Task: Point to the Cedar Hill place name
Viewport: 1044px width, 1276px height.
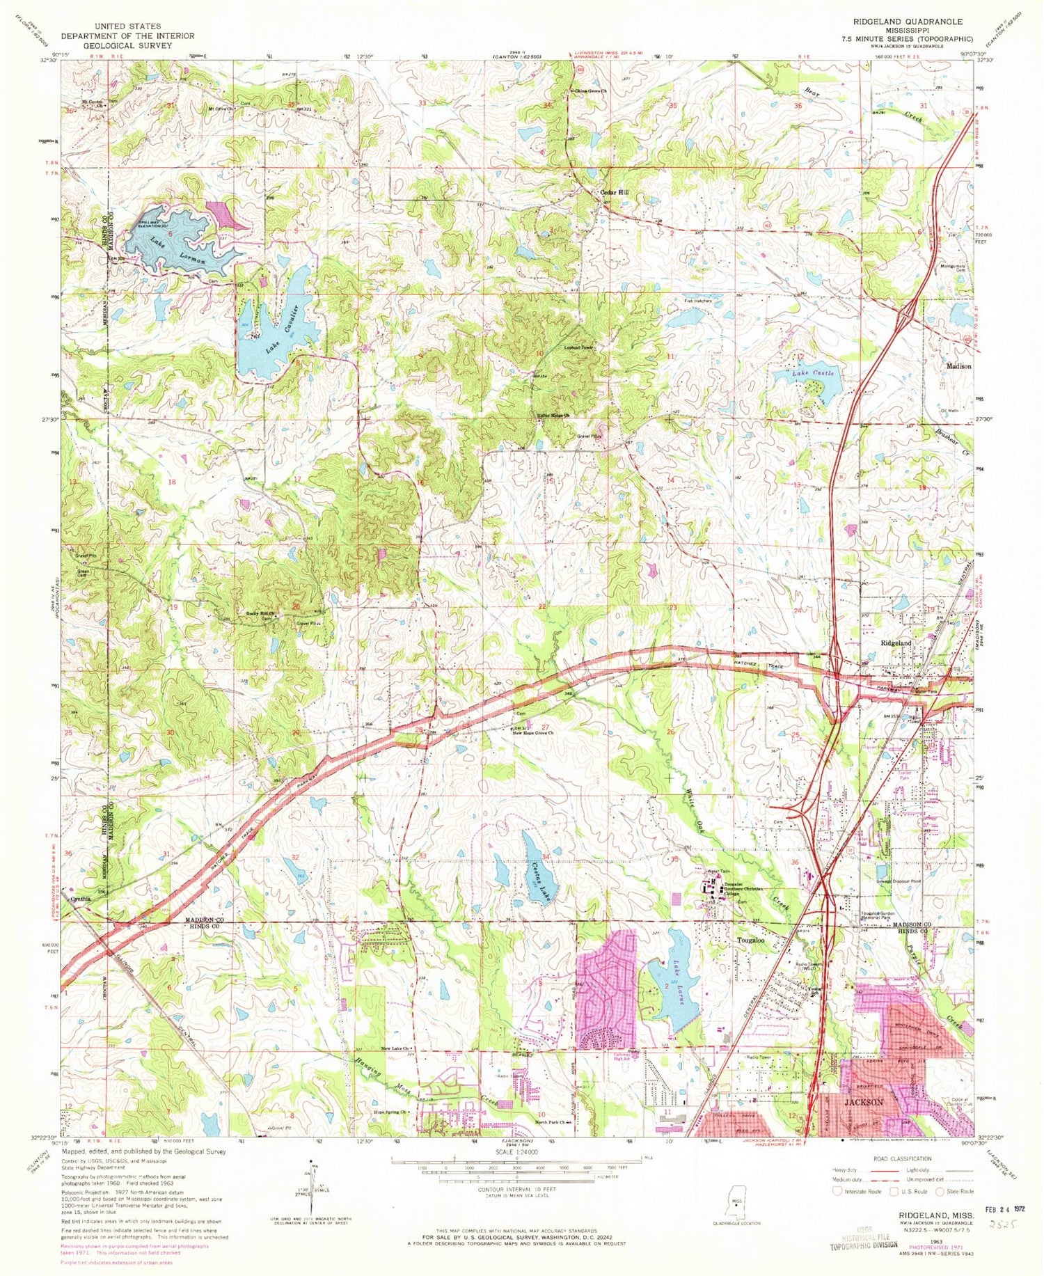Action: coord(614,193)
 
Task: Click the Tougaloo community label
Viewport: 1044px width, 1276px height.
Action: coord(751,940)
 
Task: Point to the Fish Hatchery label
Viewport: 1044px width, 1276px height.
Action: coord(698,301)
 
